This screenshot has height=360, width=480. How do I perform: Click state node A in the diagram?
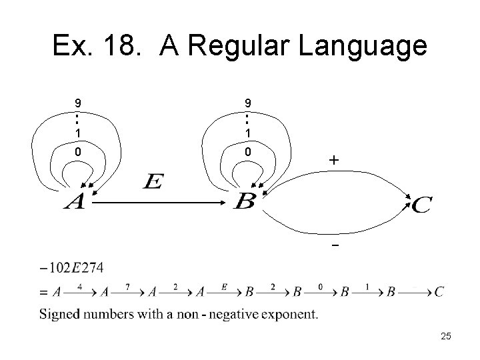75,202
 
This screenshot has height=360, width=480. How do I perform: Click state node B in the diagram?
245,201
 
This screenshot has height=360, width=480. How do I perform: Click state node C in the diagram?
421,205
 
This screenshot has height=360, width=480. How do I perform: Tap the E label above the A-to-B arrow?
152,181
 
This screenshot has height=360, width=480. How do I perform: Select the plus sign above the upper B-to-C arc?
333,161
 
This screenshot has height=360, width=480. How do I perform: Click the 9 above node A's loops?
79,103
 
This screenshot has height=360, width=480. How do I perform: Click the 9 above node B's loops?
247,103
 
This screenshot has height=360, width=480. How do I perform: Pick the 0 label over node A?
79,152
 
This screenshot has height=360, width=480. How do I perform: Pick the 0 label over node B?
247,152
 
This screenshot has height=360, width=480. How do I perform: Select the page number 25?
445,337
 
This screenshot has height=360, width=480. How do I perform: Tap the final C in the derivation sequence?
438,292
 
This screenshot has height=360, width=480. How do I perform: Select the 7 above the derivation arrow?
127,285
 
